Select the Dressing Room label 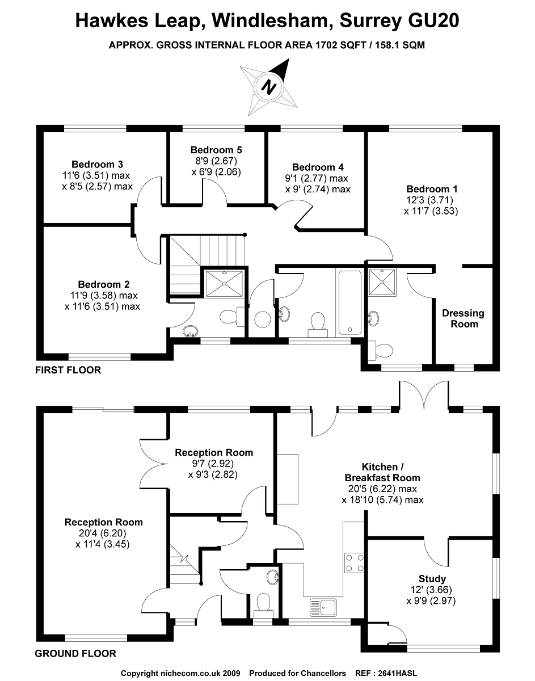point(464,318)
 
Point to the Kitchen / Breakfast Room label point(382,473)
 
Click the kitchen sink point(323,607)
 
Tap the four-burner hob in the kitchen point(354,562)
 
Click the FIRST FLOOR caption point(68,370)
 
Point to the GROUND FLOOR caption point(75,653)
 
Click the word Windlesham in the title point(271,21)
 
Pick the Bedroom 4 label point(318,167)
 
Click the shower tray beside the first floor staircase point(225,281)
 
